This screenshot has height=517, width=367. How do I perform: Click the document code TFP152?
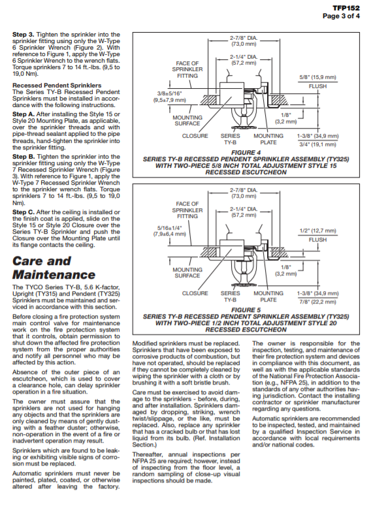[346, 8]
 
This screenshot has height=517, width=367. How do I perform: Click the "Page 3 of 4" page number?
[342, 16]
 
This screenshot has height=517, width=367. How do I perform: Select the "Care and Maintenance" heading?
[54, 268]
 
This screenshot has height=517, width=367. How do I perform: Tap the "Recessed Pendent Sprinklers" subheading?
[57, 86]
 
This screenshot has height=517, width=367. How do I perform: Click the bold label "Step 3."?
[23, 35]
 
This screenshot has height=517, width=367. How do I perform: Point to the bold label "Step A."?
[24, 114]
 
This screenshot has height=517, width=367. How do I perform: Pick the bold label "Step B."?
[24, 157]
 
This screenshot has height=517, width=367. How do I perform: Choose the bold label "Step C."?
[24, 212]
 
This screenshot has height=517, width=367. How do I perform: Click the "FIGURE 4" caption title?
[246, 153]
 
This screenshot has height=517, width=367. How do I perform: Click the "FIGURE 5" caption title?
[246, 310]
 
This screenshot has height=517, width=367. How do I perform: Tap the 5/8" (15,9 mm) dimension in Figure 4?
[317, 78]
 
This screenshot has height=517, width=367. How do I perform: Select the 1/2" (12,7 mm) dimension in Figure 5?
[317, 231]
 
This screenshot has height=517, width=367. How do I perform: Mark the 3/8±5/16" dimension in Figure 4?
[170, 93]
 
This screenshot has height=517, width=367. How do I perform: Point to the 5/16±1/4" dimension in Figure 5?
[170, 228]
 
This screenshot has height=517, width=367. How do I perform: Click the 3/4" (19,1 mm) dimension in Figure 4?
[317, 144]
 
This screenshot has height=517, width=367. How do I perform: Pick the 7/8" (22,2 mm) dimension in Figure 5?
[317, 302]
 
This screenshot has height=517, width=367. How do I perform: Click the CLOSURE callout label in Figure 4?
[195, 136]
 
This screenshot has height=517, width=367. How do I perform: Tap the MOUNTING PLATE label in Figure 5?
[268, 296]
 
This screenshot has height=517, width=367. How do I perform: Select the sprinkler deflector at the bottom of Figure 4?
[244, 127]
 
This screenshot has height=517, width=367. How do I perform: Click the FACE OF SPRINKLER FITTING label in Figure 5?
[187, 210]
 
